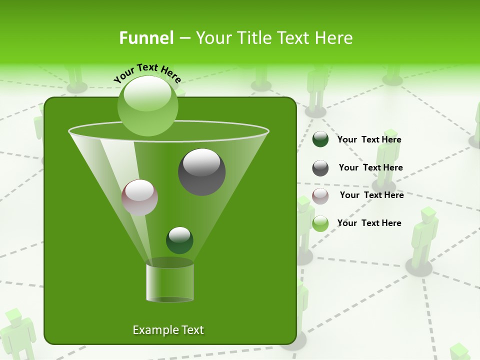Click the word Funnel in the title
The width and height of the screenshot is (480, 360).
click(146, 38)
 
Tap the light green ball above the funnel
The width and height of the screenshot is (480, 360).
click(147, 106)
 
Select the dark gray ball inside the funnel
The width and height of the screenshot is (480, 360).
click(201, 171)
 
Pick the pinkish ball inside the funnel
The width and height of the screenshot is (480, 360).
click(139, 197)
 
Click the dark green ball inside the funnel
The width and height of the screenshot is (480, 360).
click(179, 240)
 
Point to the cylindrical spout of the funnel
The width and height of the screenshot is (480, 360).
click(169, 282)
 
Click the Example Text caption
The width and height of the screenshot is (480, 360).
click(168, 330)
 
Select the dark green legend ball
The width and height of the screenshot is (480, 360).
click(320, 139)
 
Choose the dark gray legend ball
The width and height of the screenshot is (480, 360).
click(320, 167)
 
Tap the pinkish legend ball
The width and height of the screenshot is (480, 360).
click(320, 195)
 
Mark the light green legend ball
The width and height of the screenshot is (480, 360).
click(320, 223)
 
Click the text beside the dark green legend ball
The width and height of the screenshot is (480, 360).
click(369, 139)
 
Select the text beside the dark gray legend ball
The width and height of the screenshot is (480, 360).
click(370, 167)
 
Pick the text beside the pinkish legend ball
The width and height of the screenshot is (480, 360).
click(371, 195)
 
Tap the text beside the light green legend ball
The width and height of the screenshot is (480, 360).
click(369, 223)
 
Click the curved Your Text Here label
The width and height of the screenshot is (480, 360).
click(147, 73)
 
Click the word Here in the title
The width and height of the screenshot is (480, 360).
click(333, 38)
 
